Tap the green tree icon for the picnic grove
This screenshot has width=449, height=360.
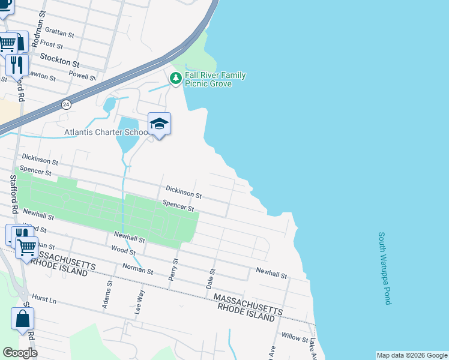coord(176,78)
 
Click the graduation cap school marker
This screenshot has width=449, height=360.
coord(159,124)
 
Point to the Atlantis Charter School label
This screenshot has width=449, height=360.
coord(106,132)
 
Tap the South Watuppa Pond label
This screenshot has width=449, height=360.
coord(384,269)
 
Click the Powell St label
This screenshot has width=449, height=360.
coord(82,77)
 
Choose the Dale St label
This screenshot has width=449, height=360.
coord(211,279)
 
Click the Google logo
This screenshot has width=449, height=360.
coord(20,353)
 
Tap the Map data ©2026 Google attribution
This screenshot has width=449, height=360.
coord(412,355)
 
